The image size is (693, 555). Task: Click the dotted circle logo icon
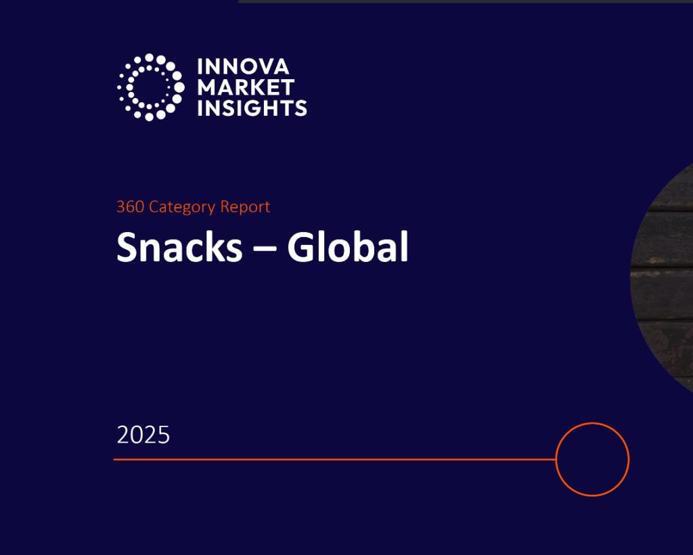click(x=150, y=87)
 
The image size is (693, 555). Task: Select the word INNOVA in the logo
click(x=243, y=67)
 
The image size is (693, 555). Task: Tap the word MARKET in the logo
click(x=246, y=87)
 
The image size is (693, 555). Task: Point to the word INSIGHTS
click(x=252, y=108)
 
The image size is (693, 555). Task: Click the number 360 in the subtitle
click(x=130, y=206)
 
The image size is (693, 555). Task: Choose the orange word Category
click(x=182, y=207)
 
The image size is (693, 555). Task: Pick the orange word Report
click(x=245, y=206)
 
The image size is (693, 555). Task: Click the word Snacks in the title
click(x=179, y=248)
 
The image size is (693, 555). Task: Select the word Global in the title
click(x=348, y=248)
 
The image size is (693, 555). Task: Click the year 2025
click(x=143, y=435)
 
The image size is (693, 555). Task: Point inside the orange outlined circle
click(x=592, y=460)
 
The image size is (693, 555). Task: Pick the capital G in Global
click(x=300, y=248)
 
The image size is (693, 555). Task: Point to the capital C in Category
click(x=154, y=206)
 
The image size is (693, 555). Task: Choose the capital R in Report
click(x=225, y=206)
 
